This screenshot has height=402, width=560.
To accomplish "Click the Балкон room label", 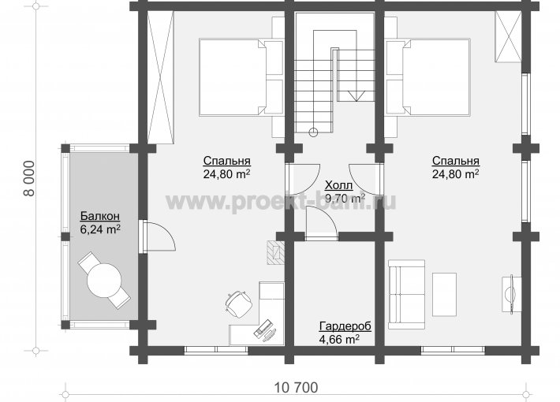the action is click(x=99, y=216).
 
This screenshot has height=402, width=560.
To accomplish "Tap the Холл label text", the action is click(x=338, y=185).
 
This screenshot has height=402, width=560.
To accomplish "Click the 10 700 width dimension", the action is click(x=296, y=387).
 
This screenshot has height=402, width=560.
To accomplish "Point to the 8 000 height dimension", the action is click(x=29, y=178).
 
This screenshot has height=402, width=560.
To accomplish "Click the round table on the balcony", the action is click(x=104, y=281).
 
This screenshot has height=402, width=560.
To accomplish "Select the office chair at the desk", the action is click(x=238, y=303).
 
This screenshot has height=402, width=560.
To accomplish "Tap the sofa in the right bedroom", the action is click(x=406, y=294).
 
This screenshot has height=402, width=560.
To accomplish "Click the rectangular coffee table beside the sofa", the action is click(x=444, y=295).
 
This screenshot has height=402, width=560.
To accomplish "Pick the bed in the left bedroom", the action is click(x=241, y=77).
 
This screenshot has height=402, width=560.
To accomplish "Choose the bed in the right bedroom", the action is click(x=427, y=77).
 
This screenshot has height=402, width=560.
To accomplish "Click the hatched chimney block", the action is click(x=275, y=252).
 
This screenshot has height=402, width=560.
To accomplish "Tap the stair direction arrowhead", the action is click(x=356, y=95).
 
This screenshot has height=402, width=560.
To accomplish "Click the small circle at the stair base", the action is click(x=313, y=132).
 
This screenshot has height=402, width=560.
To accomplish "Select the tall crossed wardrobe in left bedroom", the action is click(x=160, y=77).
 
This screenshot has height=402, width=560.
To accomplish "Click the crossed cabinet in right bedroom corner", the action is click(x=507, y=37).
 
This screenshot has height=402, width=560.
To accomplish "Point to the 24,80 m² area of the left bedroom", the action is click(x=226, y=174).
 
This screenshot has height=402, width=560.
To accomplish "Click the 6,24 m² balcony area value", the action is click(x=99, y=229).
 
